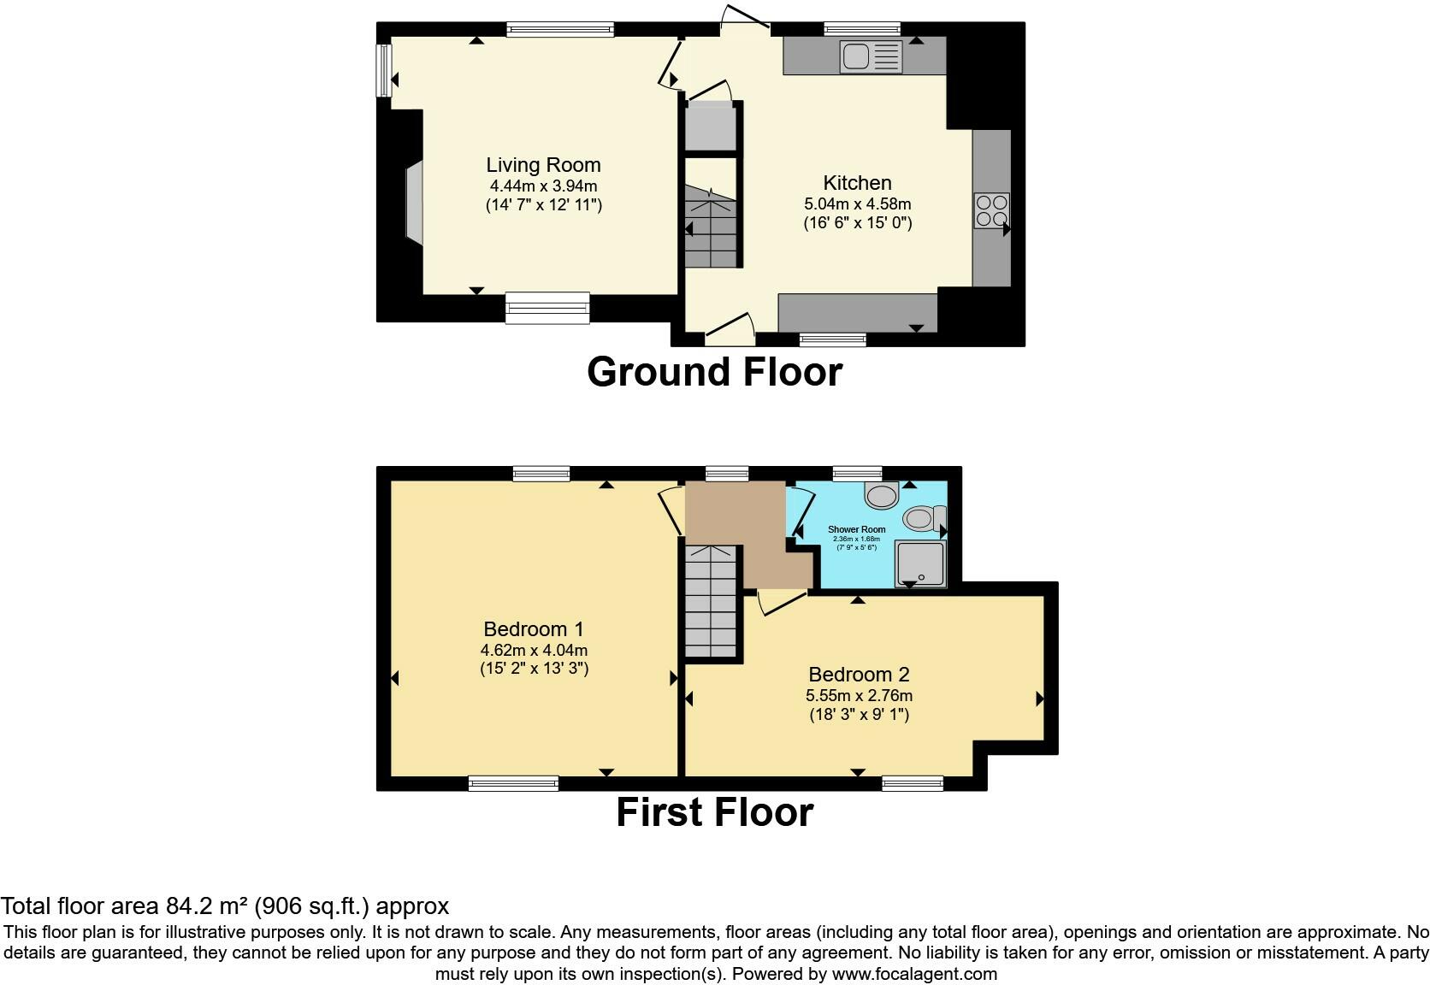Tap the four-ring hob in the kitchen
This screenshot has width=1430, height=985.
991,210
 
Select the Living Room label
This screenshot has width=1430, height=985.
543,165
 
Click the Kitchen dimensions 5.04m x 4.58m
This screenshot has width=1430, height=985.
857,203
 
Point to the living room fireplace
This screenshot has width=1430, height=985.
414,204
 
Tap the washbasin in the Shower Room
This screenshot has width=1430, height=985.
882,493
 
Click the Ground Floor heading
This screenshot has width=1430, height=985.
714,372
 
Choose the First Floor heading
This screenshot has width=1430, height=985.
714,812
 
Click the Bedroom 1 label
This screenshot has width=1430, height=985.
533,629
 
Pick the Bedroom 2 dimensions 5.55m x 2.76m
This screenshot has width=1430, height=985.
858,695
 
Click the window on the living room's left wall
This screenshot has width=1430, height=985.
385,70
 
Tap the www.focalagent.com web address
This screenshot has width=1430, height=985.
914,973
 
